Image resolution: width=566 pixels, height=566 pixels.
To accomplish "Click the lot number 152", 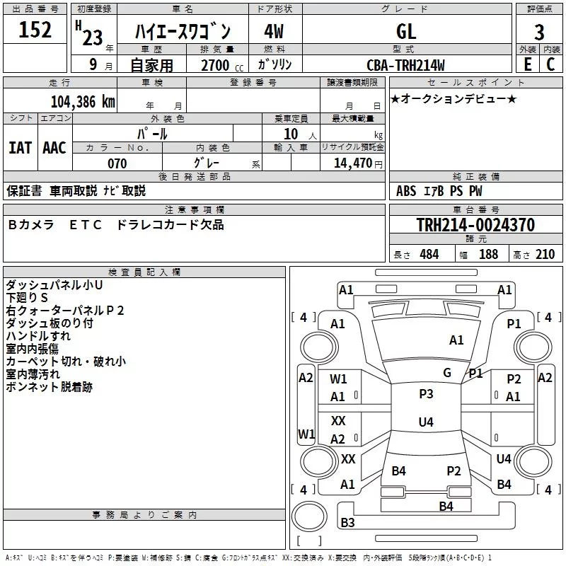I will pos(35,30).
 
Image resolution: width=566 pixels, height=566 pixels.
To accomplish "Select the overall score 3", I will pos(539,32).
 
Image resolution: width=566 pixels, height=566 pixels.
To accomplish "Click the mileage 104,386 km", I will pos(83,101).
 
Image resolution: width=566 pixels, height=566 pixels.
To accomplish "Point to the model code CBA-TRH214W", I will pos(406,65).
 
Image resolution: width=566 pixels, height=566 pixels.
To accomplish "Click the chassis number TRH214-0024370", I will pos(475,225).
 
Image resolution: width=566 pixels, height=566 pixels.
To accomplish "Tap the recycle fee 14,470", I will pos(358,163).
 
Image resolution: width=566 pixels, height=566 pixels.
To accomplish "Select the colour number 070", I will pos(117,163).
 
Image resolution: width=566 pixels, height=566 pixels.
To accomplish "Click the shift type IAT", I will pos(20,147).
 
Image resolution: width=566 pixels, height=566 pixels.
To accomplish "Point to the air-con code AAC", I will pos(54,147).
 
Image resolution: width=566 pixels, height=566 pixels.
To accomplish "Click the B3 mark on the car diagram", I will pos(347,523).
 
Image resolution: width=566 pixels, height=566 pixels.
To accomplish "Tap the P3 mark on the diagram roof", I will pos(426,393).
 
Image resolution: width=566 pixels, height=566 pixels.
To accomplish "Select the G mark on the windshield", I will pos(447,373).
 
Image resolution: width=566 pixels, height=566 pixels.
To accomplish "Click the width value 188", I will pos(488,254).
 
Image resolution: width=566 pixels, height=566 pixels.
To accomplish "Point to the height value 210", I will pos(545,254).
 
